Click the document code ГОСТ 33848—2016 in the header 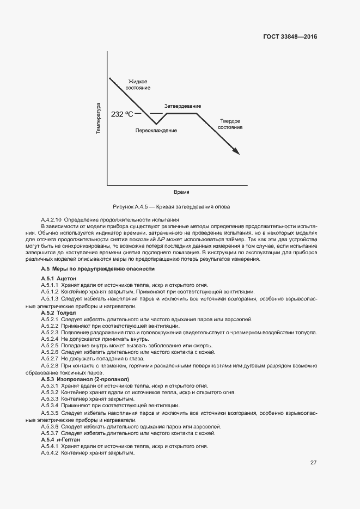coord(289,37)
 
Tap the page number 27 coord(313,463)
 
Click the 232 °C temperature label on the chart coord(122,114)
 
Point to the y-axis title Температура coord(98,118)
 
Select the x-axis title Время coord(181,193)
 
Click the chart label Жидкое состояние coord(138,84)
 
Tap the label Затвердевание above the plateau coord(182,106)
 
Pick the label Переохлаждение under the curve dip coord(156,131)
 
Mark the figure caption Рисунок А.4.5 coord(171,207)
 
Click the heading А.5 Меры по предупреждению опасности coord(98,269)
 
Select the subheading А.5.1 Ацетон coord(59,278)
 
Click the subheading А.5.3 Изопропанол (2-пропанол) coord(84,378)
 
